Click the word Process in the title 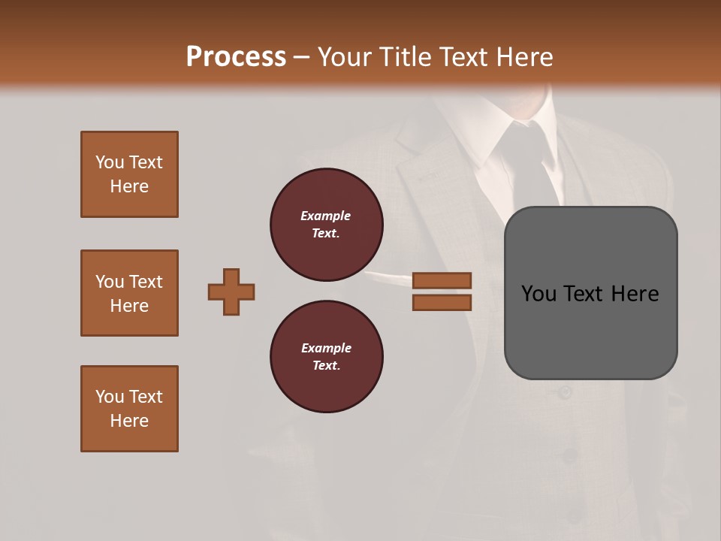coord(236,57)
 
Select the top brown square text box coord(129,174)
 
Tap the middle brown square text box coord(129,293)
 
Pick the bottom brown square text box coord(129,409)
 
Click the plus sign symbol coord(231,292)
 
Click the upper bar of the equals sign coord(442,280)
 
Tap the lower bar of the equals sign coord(442,302)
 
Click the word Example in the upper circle coord(325,216)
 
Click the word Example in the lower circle coord(326,348)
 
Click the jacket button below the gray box coord(565,392)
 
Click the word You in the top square coord(109,162)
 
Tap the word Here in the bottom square coord(129,421)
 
